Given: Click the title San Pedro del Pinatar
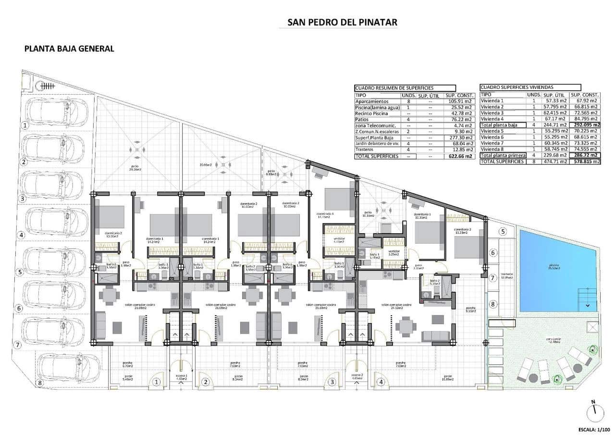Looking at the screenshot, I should click(x=342, y=22).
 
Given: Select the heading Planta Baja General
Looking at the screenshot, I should click(x=69, y=49).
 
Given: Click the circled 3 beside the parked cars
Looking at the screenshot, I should click(x=22, y=198).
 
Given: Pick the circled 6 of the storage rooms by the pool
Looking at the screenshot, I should click(x=492, y=253).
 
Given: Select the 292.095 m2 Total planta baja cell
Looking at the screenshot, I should click(x=585, y=124).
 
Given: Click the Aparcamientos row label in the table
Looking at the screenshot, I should click(x=372, y=101).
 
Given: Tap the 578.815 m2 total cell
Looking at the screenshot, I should click(x=585, y=162).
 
